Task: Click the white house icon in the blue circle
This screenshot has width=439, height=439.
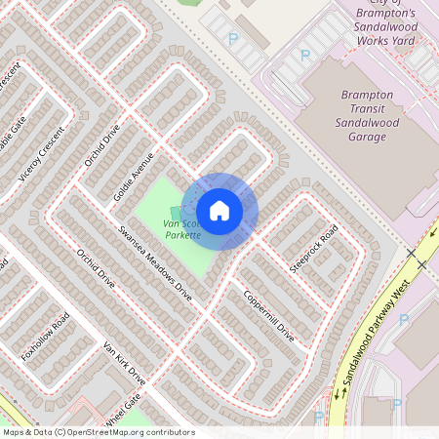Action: tap(219, 210)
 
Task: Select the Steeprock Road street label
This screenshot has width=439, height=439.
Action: tap(313, 249)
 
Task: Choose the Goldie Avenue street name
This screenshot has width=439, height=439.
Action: tap(134, 177)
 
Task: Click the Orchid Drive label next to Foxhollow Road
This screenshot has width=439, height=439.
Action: tap(96, 268)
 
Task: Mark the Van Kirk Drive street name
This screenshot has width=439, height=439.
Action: tap(124, 363)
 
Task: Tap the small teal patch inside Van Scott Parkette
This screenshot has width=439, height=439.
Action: tap(176, 213)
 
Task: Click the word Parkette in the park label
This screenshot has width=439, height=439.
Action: tap(183, 235)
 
